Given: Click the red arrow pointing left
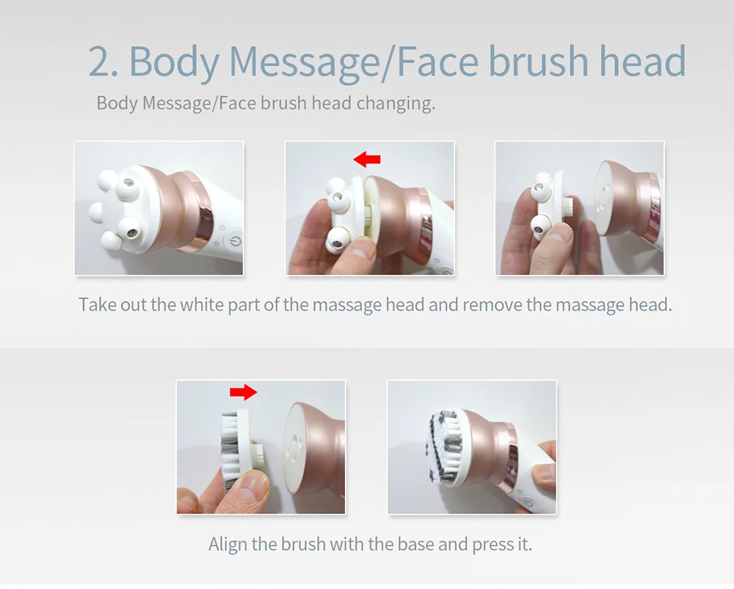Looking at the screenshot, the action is click(367, 159).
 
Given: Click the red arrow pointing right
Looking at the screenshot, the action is click(244, 392).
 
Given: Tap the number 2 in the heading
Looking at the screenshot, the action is click(100, 61).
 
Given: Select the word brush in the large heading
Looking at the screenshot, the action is click(538, 61).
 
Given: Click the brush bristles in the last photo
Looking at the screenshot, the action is click(446, 446).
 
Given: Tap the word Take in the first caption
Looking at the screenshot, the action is click(97, 305).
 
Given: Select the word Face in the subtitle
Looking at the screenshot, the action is click(237, 103).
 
